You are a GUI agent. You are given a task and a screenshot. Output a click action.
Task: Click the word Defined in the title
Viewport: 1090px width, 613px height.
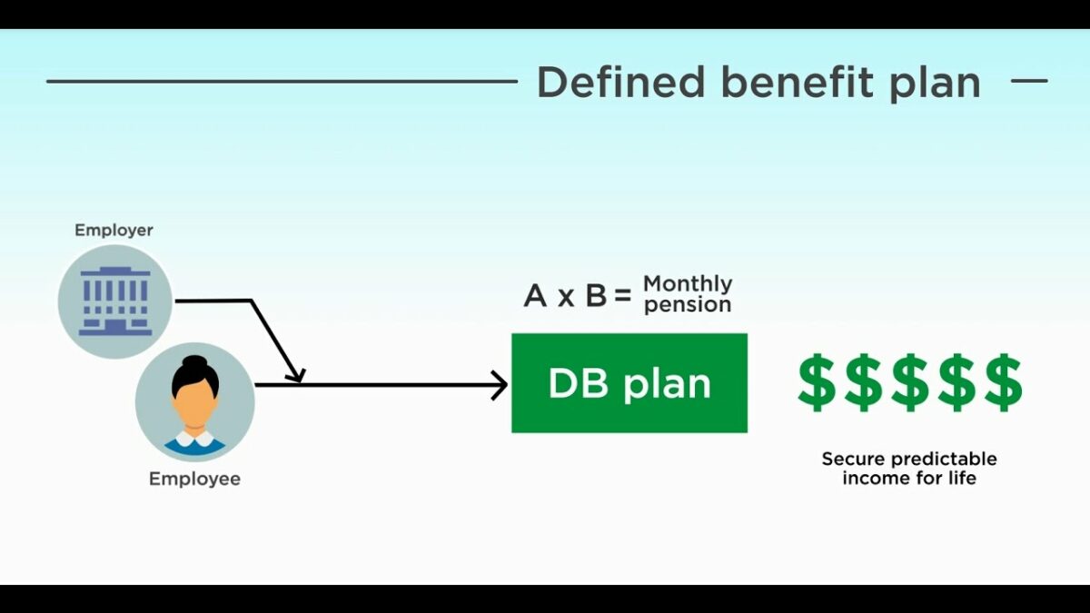point(621,82)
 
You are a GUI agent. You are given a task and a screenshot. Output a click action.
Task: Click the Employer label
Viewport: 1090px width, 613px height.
point(114,231)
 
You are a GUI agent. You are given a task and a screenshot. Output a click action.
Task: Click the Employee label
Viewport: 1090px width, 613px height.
point(194,480)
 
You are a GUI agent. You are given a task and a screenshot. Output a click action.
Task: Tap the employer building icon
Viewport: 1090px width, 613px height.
point(115,302)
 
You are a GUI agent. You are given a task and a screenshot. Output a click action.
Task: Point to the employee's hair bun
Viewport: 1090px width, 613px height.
point(194,363)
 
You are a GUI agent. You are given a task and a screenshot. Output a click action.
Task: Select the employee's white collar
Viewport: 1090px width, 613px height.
point(194,440)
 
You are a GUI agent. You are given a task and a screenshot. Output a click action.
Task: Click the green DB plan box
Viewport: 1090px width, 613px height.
point(629,383)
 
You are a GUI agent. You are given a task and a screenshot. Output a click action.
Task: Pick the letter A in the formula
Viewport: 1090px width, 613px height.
point(535,296)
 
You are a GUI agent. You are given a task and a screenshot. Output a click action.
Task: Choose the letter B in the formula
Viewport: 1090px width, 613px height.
point(596,296)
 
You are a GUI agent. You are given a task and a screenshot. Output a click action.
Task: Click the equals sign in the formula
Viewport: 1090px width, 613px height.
point(622,296)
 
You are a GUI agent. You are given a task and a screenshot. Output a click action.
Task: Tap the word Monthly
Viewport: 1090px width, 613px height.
point(688,284)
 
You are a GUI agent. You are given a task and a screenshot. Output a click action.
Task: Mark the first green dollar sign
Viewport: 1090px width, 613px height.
point(817,383)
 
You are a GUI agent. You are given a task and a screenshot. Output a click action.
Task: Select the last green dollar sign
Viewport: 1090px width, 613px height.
point(1004,383)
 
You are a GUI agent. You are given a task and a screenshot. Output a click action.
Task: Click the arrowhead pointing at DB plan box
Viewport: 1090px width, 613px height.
point(500,385)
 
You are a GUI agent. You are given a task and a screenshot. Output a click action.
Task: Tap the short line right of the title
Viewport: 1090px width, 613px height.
point(1029,81)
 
